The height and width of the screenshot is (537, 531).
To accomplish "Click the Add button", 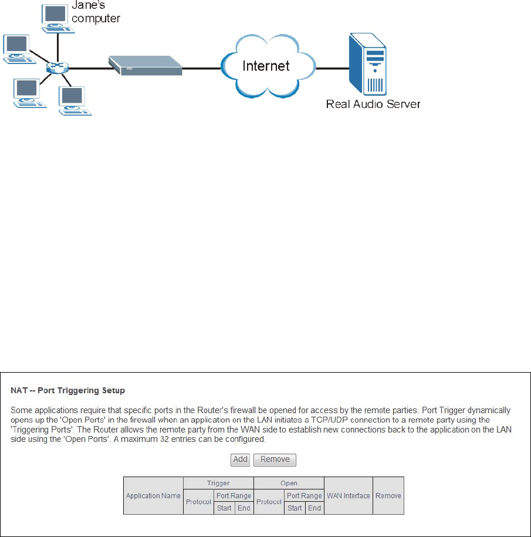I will click(x=240, y=460).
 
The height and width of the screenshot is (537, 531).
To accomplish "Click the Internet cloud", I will click(x=266, y=65).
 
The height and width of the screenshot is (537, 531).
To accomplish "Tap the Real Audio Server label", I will click(x=373, y=104).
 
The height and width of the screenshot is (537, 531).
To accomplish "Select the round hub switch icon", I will click(x=58, y=67).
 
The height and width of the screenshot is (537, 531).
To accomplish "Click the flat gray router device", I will click(x=145, y=65).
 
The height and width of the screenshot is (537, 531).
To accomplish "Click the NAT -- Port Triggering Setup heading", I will click(x=68, y=390).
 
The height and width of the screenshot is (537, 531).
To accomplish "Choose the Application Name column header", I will click(x=153, y=495).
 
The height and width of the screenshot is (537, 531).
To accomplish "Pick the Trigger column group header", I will click(x=218, y=483).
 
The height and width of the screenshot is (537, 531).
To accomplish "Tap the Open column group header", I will click(x=289, y=483).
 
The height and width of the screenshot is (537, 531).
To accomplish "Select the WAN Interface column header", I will click(x=349, y=495).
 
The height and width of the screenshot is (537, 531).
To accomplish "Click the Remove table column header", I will click(x=388, y=495).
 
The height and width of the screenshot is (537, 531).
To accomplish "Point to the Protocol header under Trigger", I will click(x=198, y=502).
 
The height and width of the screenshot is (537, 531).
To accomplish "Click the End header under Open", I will click(x=314, y=508).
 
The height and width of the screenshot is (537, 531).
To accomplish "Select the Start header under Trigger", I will click(x=224, y=508).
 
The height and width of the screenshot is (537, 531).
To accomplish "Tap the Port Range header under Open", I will click(x=303, y=496).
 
